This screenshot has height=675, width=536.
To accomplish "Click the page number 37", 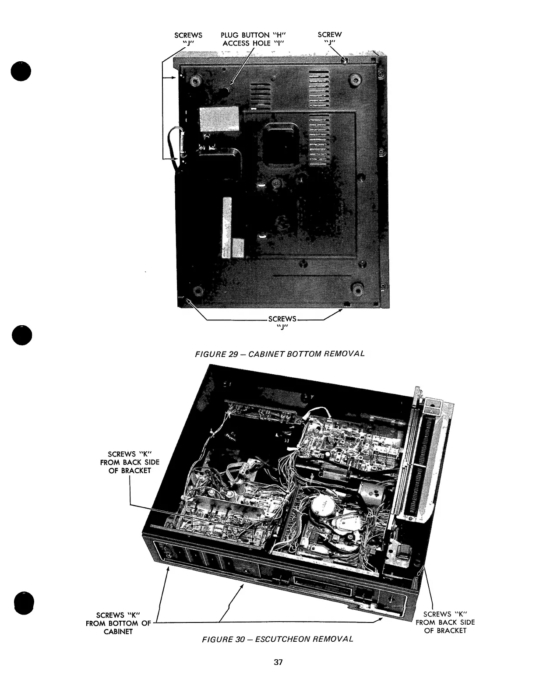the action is tap(277, 662).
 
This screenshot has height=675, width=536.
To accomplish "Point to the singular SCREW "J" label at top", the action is tap(330, 39).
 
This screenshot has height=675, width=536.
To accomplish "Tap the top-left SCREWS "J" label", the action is tap(188, 39).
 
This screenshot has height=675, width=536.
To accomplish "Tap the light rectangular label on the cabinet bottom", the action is tap(219, 119).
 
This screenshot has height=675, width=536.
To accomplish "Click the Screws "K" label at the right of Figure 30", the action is tap(445, 622).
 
